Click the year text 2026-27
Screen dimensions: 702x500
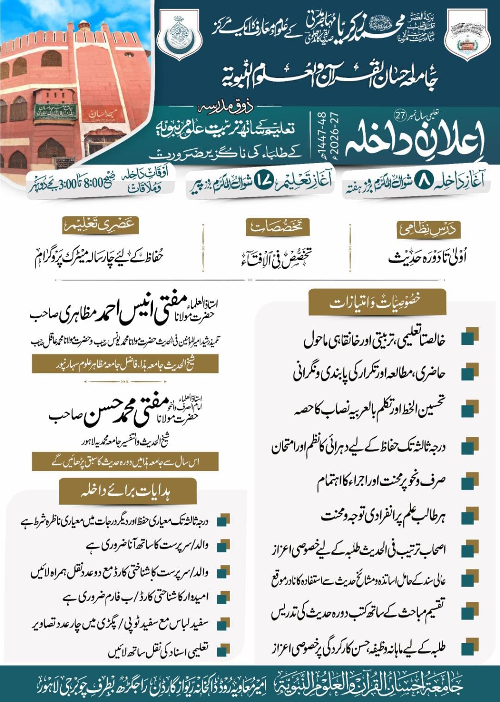[x=329, y=134]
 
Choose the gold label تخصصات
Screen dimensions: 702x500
[x=276, y=228]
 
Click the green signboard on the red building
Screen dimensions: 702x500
[x=55, y=111]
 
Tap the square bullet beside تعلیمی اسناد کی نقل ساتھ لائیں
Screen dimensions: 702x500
[x=224, y=650]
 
